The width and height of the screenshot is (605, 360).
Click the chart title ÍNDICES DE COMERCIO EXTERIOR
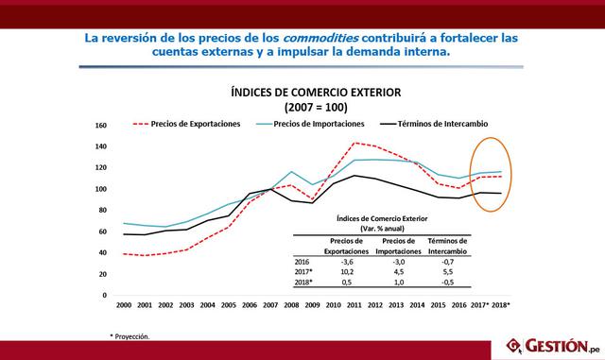click(x=303, y=93)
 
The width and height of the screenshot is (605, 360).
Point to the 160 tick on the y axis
click(x=101, y=125)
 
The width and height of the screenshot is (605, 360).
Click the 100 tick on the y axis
click(x=101, y=189)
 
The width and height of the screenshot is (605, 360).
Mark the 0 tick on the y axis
click(x=104, y=295)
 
